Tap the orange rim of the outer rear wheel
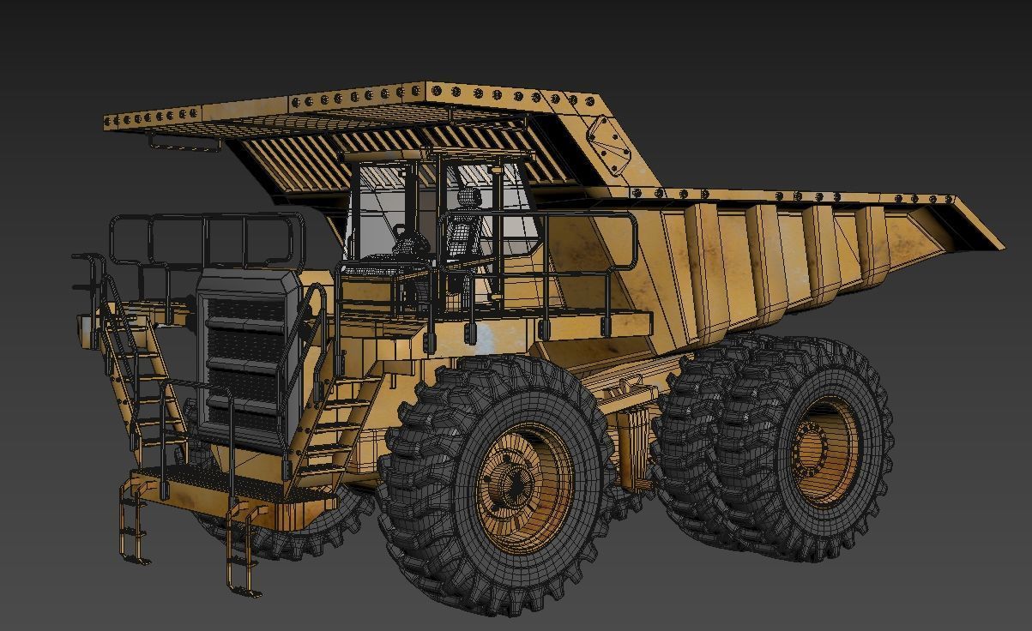point(825,450)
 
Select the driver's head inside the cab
point(468,199)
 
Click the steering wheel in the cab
point(410,243)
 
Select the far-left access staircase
point(129,377)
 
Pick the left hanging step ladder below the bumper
point(133,523)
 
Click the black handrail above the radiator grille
point(206,240)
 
